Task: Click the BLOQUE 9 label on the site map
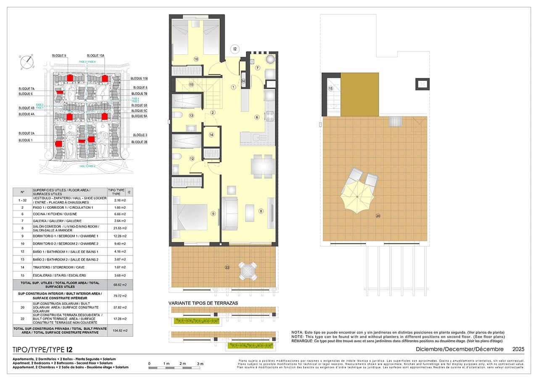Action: click(59, 56)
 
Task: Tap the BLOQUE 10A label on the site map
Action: click(95, 56)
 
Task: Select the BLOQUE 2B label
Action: click(139, 142)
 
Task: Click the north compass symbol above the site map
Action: click(27, 61)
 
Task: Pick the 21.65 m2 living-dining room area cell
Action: click(120, 228)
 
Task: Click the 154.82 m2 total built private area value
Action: click(120, 331)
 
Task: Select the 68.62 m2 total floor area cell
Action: click(120, 285)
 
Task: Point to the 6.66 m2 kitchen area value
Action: click(120, 214)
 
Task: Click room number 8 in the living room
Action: click(261, 211)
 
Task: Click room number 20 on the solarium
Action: click(378, 216)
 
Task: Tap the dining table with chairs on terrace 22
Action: click(248, 271)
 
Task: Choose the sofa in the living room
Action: click(230, 213)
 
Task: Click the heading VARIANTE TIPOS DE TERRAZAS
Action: click(203, 303)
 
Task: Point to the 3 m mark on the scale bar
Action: click(200, 363)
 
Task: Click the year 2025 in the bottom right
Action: click(518, 349)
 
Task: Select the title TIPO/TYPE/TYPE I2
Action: click(42, 349)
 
